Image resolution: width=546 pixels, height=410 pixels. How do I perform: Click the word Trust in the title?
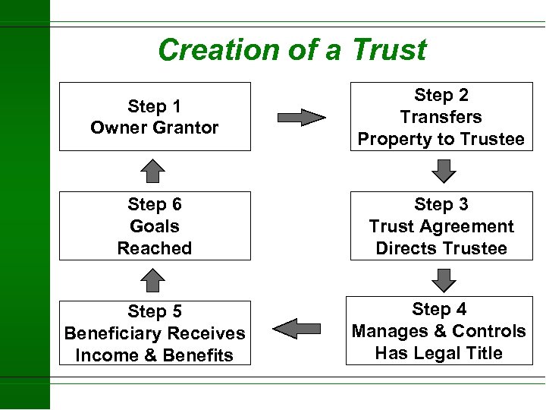tap(388, 50)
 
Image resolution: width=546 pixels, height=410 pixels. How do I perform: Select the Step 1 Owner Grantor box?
tap(155, 116)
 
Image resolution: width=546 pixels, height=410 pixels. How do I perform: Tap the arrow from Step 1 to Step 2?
tap(301, 117)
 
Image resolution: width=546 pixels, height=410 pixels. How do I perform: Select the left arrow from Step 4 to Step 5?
tap(297, 329)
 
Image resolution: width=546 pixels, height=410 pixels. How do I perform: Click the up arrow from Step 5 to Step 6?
tap(154, 280)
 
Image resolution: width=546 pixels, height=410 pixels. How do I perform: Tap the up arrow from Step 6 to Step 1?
tap(154, 171)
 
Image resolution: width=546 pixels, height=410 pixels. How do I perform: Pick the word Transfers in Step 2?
tap(441, 117)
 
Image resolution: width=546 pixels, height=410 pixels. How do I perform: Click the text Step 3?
tap(441, 204)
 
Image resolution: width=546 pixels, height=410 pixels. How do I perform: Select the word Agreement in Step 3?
tap(470, 226)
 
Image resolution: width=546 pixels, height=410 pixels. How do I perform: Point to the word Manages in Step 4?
tap(386, 331)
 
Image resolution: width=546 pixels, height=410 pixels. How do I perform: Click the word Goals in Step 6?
tap(155, 226)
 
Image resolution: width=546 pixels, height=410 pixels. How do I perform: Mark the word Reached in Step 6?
tap(155, 248)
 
